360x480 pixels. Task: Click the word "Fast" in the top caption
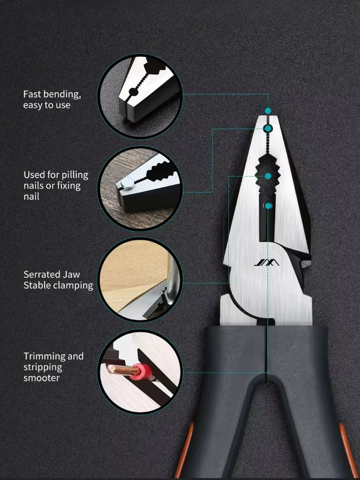(32, 94)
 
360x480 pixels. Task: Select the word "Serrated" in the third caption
(38, 274)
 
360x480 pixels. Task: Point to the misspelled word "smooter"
(41, 378)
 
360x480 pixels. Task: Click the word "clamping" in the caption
(76, 285)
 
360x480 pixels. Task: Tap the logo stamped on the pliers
(267, 262)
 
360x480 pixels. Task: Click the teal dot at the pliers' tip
(268, 111)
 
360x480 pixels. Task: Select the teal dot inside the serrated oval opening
(268, 176)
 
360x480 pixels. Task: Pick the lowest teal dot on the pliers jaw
(268, 206)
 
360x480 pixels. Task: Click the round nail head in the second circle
(127, 182)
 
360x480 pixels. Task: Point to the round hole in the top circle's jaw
(133, 92)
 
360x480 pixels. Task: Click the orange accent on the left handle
(185, 450)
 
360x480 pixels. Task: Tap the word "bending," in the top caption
(62, 94)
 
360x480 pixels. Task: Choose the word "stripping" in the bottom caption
(43, 367)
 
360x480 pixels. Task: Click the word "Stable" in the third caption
(39, 285)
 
